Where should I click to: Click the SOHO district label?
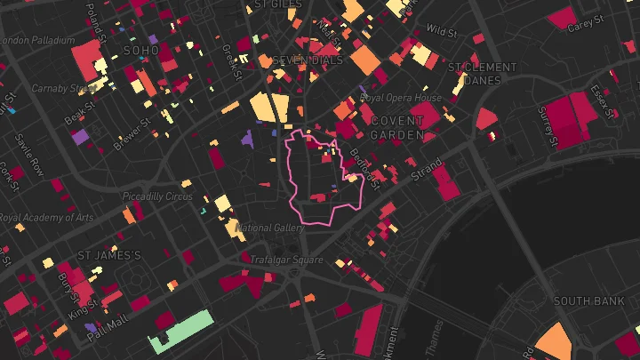click(x=141, y=51)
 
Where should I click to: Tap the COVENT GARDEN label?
click(x=398, y=127)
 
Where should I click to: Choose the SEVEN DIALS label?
click(x=308, y=60)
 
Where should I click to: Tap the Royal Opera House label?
click(x=401, y=98)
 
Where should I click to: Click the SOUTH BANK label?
click(x=588, y=301)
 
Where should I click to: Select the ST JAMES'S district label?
click(x=109, y=255)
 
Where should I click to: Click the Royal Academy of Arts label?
click(x=46, y=217)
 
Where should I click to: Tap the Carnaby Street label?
click(x=62, y=88)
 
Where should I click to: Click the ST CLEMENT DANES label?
click(x=483, y=73)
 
